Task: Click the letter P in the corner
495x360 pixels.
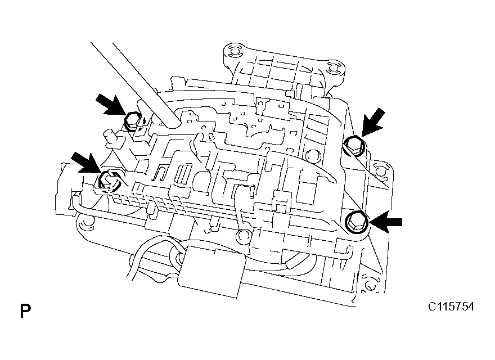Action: tap(25, 310)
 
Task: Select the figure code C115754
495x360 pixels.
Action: tap(451, 307)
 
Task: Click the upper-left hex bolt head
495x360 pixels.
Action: tap(132, 120)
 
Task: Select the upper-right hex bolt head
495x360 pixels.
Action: tap(353, 145)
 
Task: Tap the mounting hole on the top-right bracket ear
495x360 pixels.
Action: tap(332, 70)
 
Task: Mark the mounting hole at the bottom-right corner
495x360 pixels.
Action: tap(370, 287)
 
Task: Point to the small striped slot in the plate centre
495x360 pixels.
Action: tap(183, 174)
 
